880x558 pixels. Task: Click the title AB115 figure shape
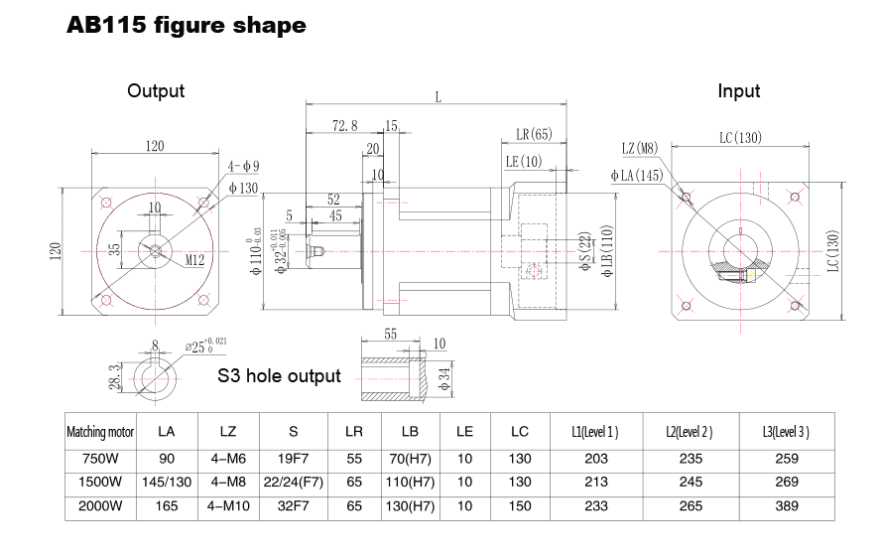[x=186, y=27]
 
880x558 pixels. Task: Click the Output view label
[x=156, y=91]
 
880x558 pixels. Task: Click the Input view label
[x=738, y=91]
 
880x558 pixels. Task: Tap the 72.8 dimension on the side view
[x=345, y=126]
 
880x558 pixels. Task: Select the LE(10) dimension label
[x=524, y=161]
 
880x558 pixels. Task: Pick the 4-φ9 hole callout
[x=243, y=166]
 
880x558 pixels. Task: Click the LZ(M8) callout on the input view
[x=641, y=149]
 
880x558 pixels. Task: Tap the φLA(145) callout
[x=637, y=176]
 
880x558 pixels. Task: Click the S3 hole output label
[x=279, y=376]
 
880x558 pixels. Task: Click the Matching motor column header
[x=99, y=433]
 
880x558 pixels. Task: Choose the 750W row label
[x=99, y=459]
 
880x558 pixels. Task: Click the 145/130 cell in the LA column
[x=167, y=483]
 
